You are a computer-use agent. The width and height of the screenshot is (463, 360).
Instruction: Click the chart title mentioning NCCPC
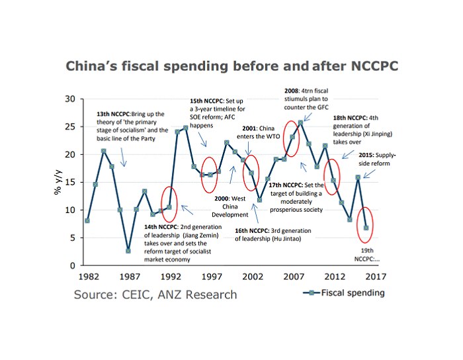[x=230, y=66]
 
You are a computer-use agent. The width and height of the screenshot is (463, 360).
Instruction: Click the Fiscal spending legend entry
[x=347, y=292]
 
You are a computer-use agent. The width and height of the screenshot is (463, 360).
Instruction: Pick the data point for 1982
[x=87, y=221]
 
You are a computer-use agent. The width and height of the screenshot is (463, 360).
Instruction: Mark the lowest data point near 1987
[x=128, y=251]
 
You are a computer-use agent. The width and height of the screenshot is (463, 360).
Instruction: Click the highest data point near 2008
[x=301, y=122]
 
